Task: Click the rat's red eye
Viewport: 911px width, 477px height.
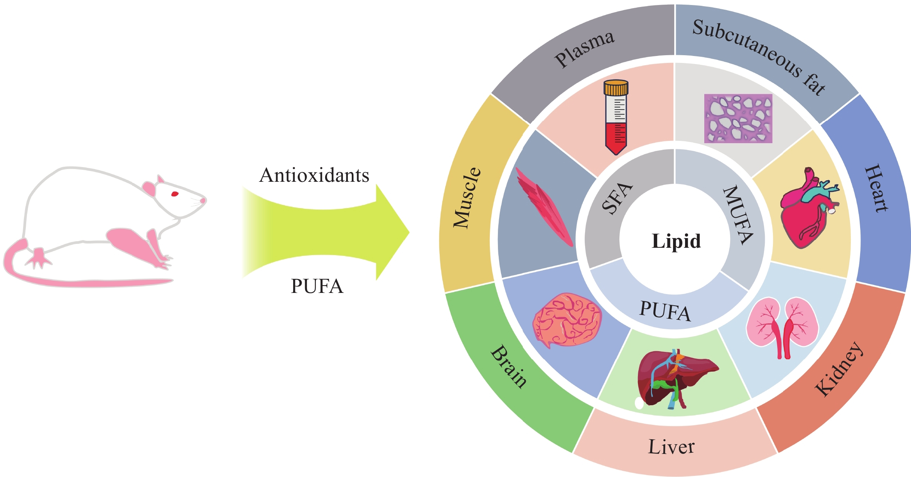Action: click(175, 193)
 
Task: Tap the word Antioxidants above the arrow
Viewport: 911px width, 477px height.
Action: click(314, 176)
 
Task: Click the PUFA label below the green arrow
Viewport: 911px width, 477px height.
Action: click(317, 286)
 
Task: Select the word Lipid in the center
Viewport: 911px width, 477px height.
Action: click(676, 241)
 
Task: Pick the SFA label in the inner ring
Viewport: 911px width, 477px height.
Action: click(617, 198)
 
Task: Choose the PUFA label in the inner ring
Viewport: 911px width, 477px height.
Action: click(665, 311)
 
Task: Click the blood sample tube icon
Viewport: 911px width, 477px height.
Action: click(616, 118)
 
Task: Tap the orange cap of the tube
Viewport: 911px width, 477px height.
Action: click(616, 88)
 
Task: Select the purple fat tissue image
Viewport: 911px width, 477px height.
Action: click(738, 118)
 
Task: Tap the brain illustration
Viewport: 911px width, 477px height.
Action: click(567, 320)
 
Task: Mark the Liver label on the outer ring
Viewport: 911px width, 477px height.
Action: click(671, 447)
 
